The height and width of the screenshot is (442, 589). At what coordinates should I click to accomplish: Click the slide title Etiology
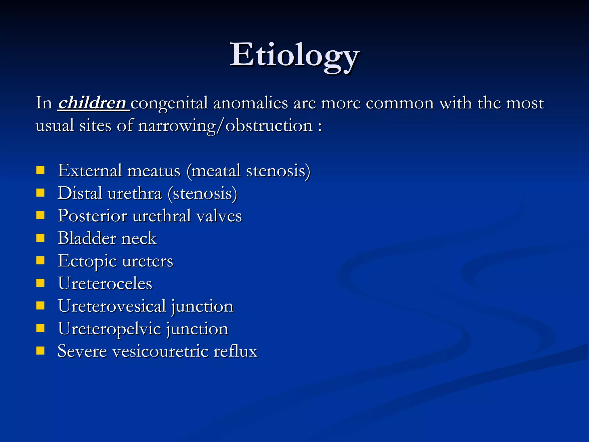pos(294,55)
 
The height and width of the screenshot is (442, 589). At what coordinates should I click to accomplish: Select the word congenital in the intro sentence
pos(169,104)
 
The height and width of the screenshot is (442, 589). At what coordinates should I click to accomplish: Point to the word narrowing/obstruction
pos(225,126)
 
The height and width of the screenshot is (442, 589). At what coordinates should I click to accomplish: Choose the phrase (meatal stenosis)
pos(248,171)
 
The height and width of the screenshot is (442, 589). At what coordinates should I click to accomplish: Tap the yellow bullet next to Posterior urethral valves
pos(41,215)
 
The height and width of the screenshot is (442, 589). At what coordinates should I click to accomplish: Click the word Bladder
pos(87,238)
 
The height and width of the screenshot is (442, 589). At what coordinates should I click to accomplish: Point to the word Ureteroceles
pos(105,283)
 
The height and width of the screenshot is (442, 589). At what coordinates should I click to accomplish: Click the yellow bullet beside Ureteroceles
pos(41,283)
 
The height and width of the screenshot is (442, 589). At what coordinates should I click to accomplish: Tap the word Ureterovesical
pos(112,306)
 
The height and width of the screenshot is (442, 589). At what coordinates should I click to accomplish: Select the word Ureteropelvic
pos(109,329)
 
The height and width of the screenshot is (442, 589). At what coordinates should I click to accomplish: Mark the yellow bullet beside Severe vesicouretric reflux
pos(41,350)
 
